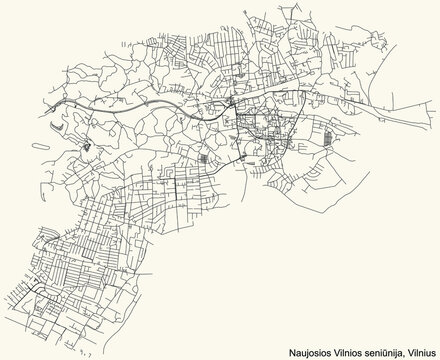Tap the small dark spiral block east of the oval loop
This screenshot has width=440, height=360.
tap(88, 149)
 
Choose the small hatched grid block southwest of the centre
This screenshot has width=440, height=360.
tap(205, 159)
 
